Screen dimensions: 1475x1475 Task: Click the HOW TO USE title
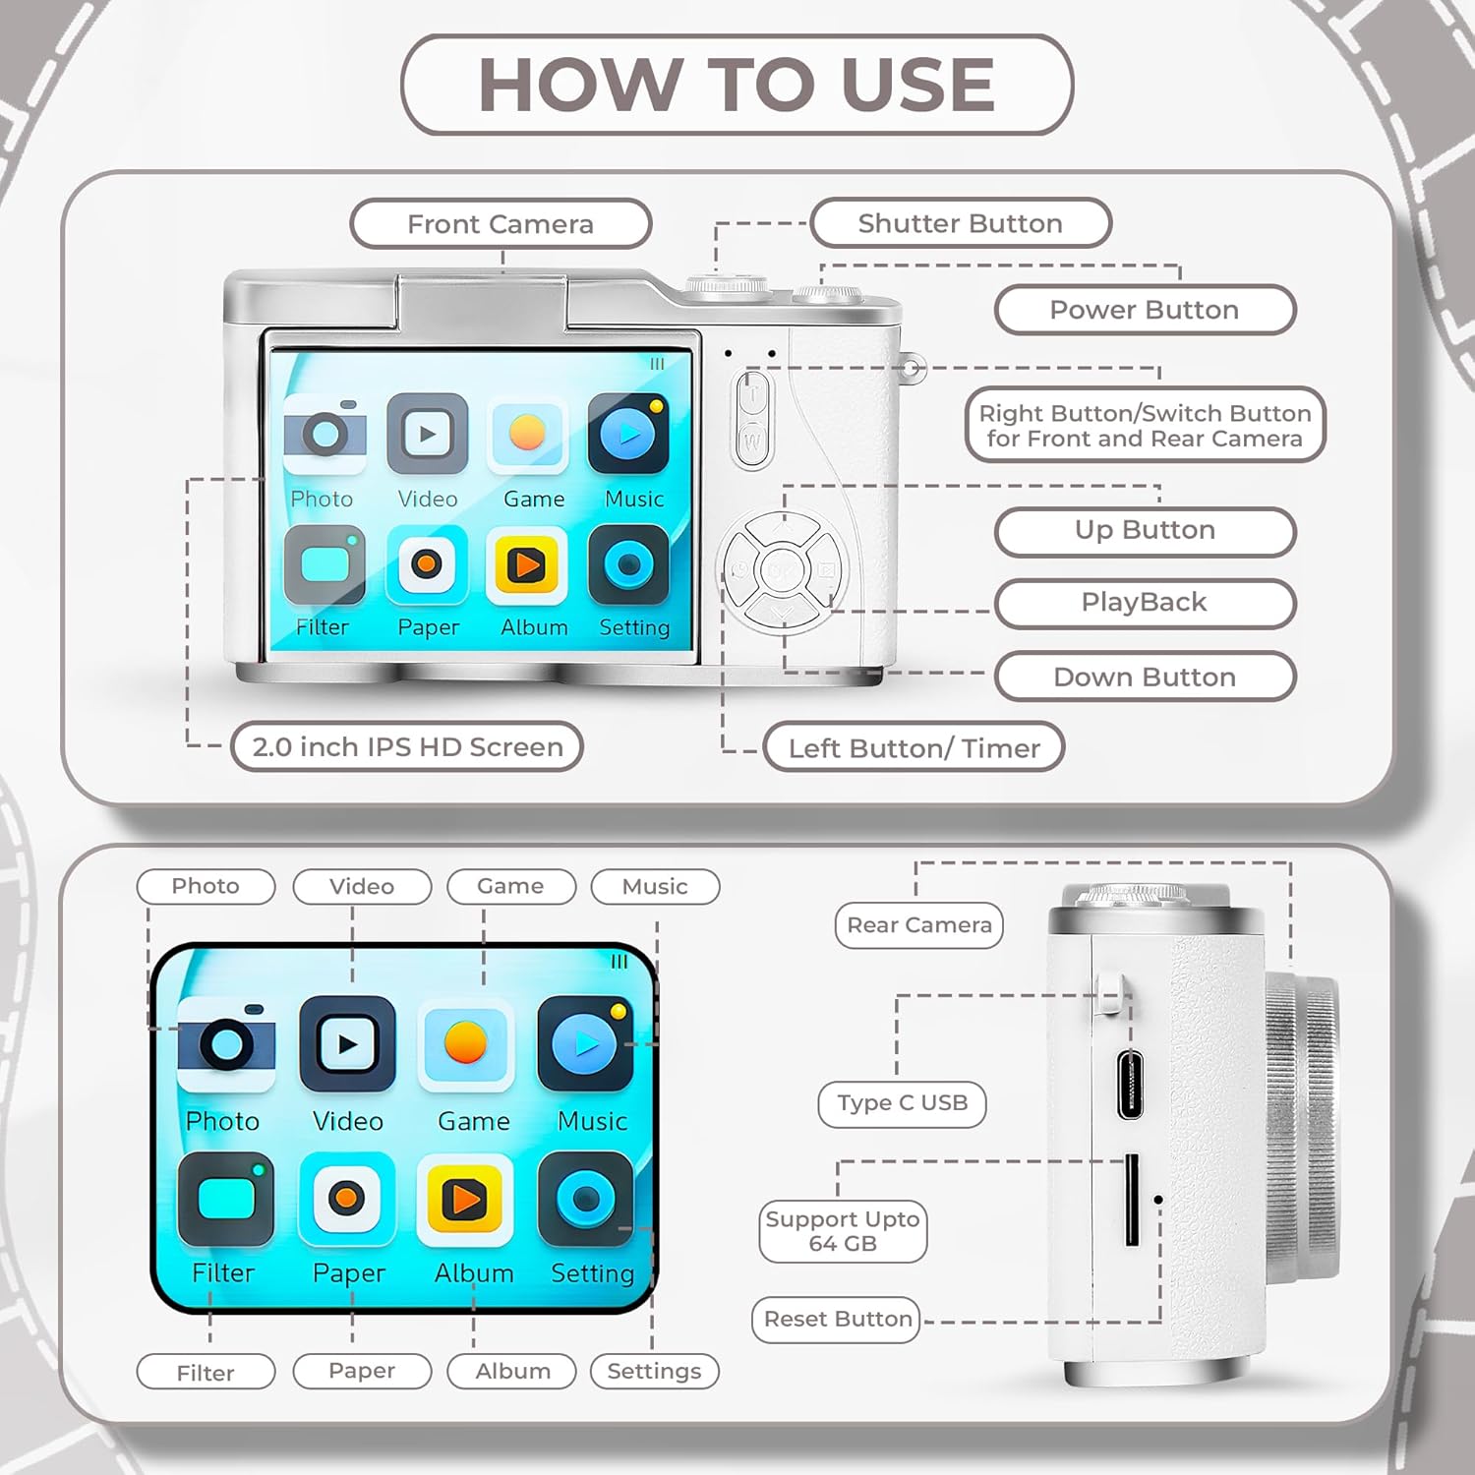pyautogui.click(x=737, y=85)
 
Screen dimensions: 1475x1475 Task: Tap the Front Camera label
pyautogui.click(x=501, y=224)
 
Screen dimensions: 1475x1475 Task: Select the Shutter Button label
pyautogui.click(x=961, y=223)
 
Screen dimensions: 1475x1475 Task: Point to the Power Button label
pyautogui.click(x=1145, y=310)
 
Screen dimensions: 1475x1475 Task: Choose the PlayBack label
pyautogui.click(x=1145, y=602)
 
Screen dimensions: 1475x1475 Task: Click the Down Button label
pyautogui.click(x=1145, y=677)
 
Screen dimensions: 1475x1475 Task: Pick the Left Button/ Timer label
pyautogui.click(x=914, y=747)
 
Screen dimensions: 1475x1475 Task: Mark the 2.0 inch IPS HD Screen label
pyautogui.click(x=407, y=746)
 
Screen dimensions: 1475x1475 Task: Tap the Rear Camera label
pyautogui.click(x=919, y=925)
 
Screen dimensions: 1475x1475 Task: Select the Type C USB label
pyautogui.click(x=902, y=1103)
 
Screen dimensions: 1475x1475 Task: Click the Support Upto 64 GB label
pyautogui.click(x=843, y=1231)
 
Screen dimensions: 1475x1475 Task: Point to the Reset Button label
pyautogui.click(x=838, y=1320)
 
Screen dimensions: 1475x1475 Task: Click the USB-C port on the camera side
pyautogui.click(x=1130, y=1084)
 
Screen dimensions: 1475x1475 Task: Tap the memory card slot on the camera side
pyautogui.click(x=1132, y=1200)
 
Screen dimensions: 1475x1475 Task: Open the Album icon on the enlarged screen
pyautogui.click(x=465, y=1200)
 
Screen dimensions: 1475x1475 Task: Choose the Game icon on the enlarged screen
pyautogui.click(x=465, y=1044)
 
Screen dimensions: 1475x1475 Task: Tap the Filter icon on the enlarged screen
pyautogui.click(x=226, y=1200)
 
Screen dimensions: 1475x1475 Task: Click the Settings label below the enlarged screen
pyautogui.click(x=654, y=1371)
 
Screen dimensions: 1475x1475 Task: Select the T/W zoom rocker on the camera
pyautogui.click(x=752, y=418)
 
